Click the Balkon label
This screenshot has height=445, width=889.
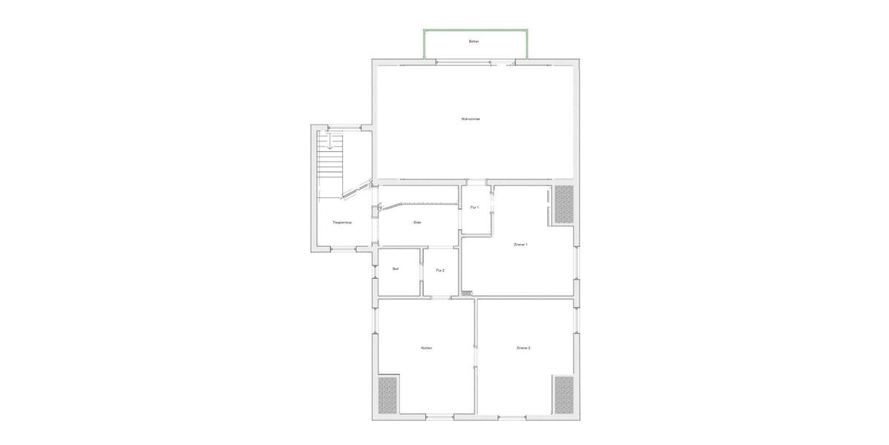coord(474,42)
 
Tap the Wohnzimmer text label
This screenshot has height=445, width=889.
coord(470,119)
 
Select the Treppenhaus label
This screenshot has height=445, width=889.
coord(342,222)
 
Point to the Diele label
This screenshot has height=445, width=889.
coord(418,222)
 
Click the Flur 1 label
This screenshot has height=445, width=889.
coord(475,208)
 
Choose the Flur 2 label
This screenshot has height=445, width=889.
coord(440,271)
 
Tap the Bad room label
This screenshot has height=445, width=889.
coord(396,268)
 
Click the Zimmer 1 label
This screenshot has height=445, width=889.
coord(521,244)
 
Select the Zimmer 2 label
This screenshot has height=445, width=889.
coord(524,348)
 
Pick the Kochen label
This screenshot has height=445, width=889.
coord(426,348)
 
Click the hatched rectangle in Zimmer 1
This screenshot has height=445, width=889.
coord(565,204)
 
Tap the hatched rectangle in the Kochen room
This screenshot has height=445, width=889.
coord(387,395)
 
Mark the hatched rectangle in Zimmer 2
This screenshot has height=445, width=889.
coord(564,395)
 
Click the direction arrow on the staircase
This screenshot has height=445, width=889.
coord(330,143)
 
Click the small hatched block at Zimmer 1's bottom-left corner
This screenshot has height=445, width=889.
coord(466,294)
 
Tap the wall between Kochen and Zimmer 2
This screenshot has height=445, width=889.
coord(476,356)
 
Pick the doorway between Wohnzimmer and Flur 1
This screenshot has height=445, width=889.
coord(477,182)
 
